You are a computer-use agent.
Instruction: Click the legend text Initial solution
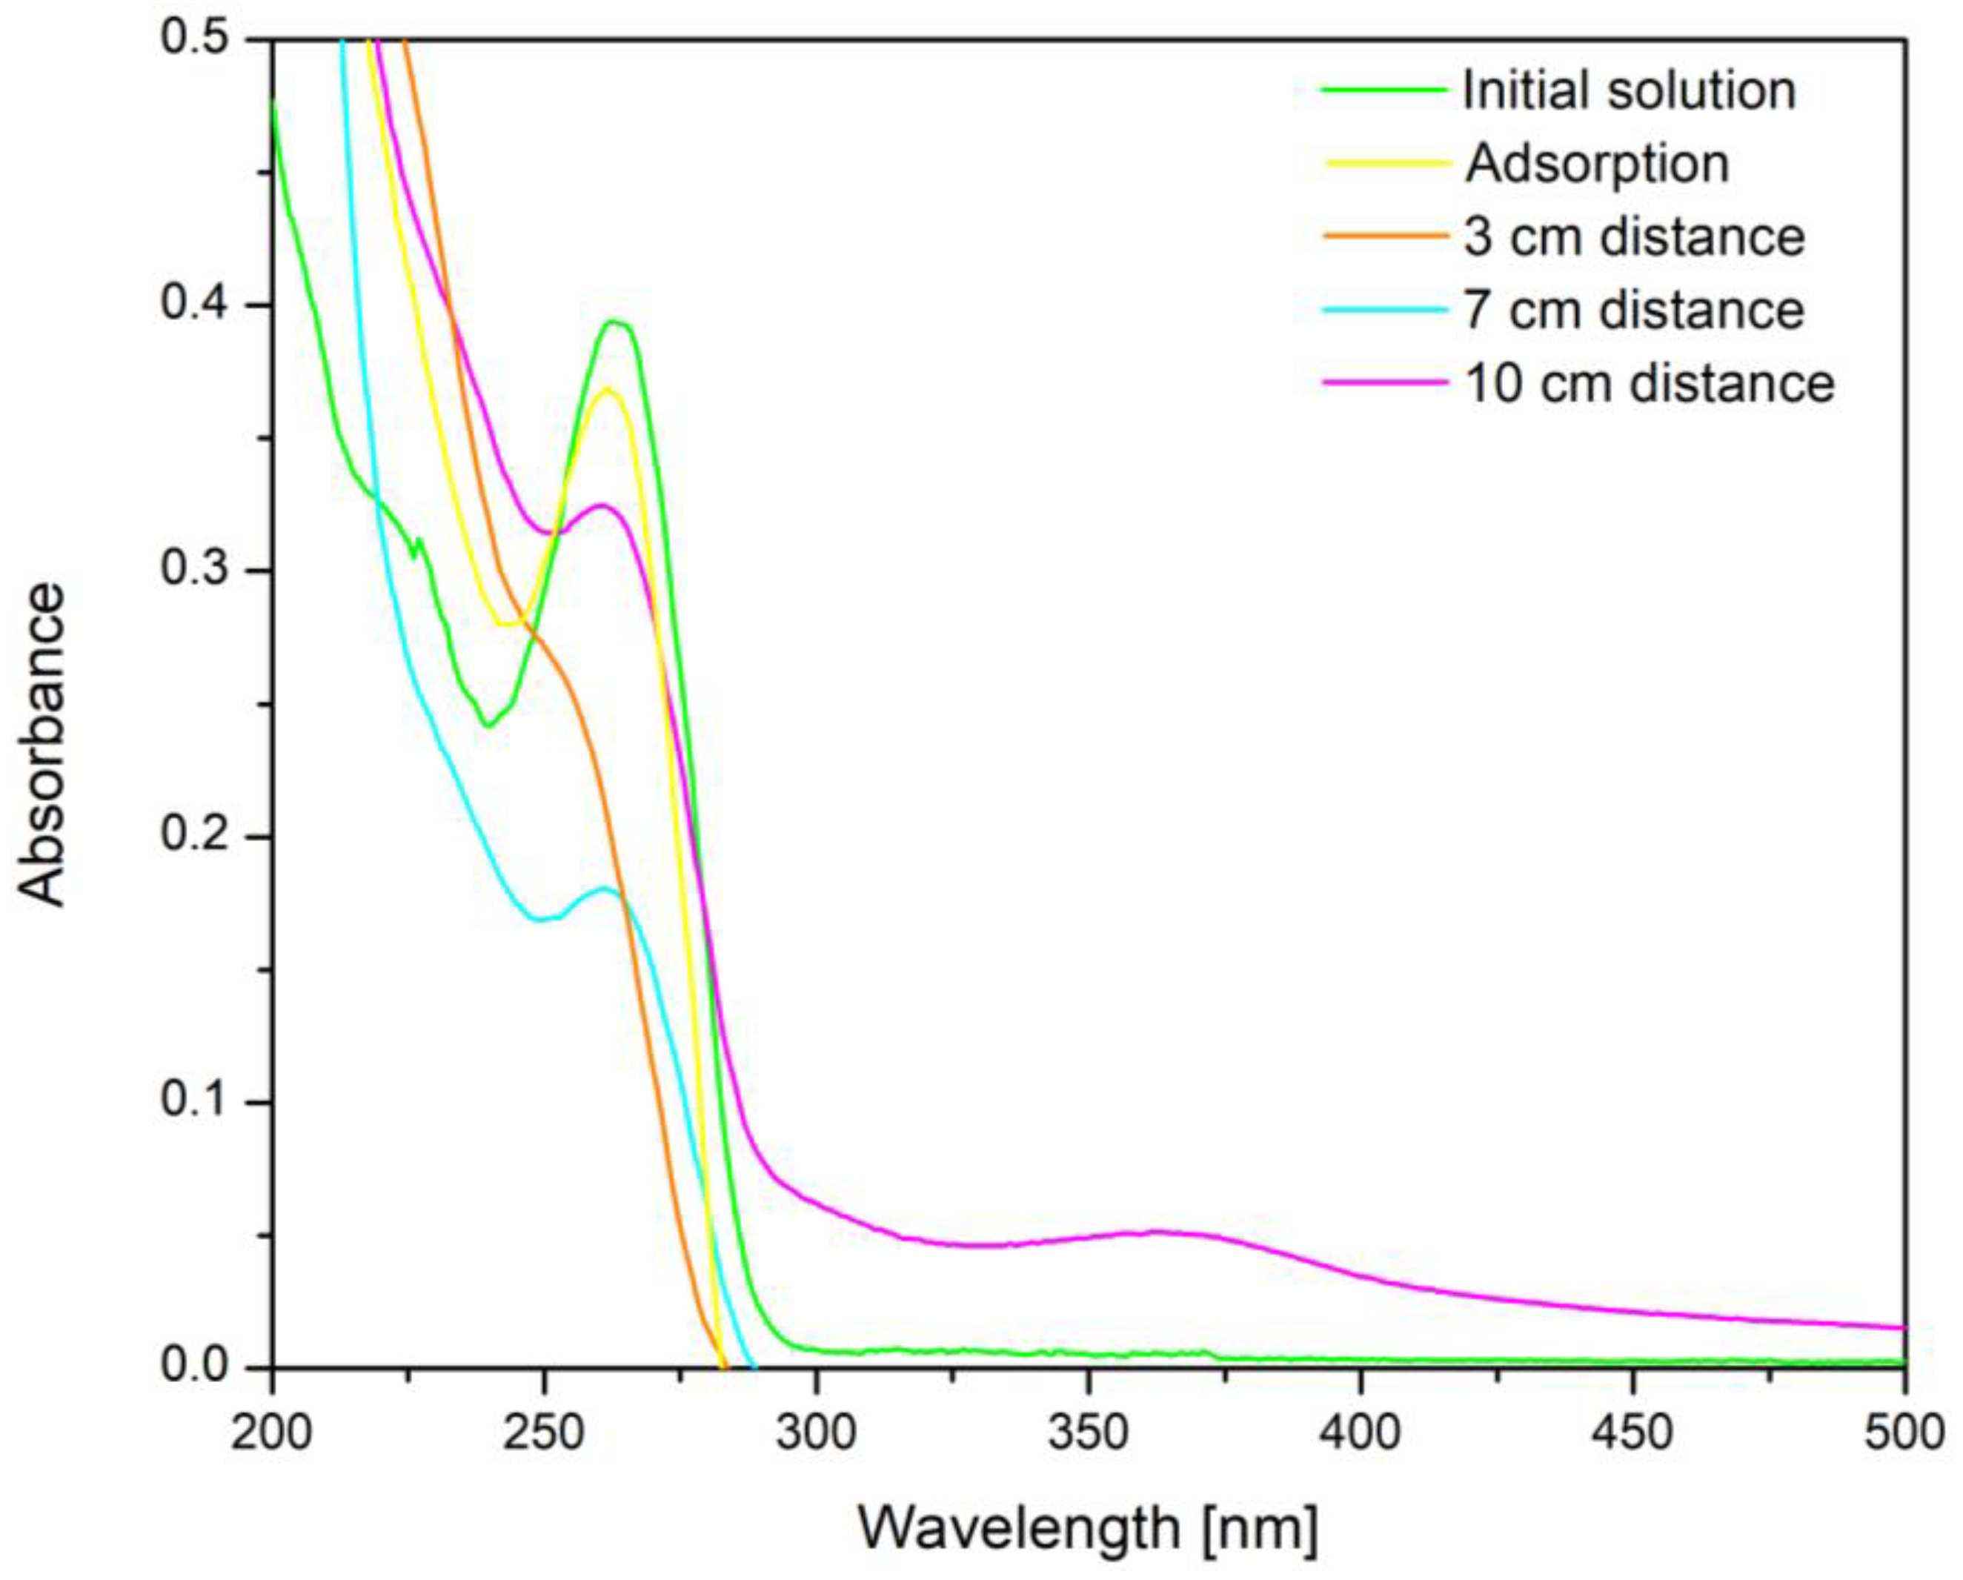[1628, 90]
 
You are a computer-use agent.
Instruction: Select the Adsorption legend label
[1597, 164]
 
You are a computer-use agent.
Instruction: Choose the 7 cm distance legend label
[1633, 311]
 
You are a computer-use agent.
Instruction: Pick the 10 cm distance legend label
[1649, 383]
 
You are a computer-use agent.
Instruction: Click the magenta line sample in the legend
[1384, 383]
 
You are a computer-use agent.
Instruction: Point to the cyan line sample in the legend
[1384, 311]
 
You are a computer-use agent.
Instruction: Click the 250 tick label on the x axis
[544, 1433]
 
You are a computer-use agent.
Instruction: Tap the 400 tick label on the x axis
[1361, 1433]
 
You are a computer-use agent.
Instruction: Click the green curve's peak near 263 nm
[617, 322]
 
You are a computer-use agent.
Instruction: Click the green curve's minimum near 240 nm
[489, 726]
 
